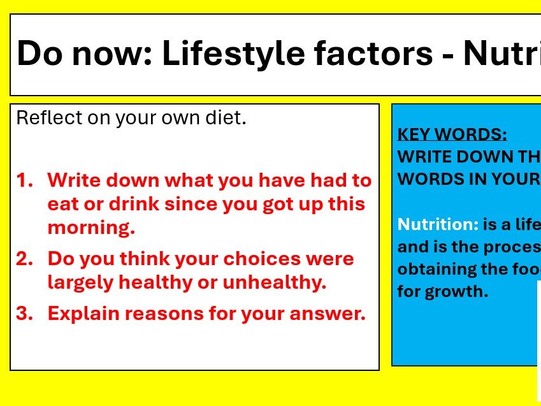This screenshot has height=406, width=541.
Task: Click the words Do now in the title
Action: click(x=83, y=54)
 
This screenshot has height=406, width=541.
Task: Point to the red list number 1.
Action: click(x=24, y=180)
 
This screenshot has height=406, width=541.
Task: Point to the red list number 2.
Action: click(x=24, y=259)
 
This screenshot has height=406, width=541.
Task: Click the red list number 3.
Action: click(x=24, y=314)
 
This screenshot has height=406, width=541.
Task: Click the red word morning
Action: click(x=91, y=228)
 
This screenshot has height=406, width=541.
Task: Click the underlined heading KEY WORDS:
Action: click(x=452, y=134)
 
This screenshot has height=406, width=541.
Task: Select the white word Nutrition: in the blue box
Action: click(x=438, y=224)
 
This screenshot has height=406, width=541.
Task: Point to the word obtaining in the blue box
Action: click(x=437, y=269)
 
